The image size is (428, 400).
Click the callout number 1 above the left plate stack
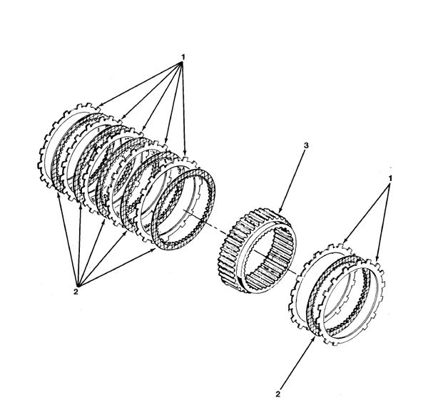pos(183,57)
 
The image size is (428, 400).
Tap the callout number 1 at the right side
pos(390,179)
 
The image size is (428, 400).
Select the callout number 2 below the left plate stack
pos(76,292)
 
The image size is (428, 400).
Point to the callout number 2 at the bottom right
pos(278,394)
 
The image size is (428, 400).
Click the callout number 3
pos(306,145)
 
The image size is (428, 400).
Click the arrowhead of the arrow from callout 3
pos(280,211)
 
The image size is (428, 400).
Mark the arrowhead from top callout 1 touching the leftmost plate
pos(99,105)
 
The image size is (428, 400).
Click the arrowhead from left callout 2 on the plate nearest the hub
pos(153,250)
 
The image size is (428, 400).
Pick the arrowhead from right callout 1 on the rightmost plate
pos(377,260)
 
